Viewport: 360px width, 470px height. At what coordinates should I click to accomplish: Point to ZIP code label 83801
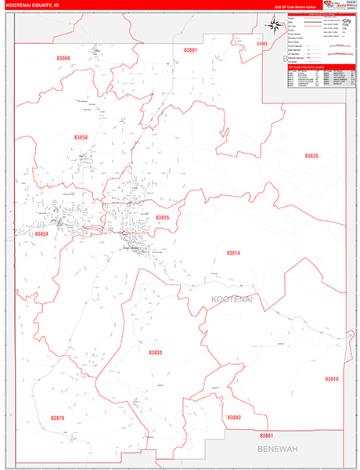click(x=191, y=50)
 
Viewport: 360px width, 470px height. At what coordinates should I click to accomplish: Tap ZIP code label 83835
click(x=311, y=156)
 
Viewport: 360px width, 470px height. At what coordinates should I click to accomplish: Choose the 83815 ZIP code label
click(x=162, y=217)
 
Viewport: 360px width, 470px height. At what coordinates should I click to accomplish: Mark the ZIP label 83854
click(x=41, y=233)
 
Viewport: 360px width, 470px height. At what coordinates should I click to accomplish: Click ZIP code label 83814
click(x=233, y=252)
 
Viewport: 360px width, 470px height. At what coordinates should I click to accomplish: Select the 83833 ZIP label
click(x=155, y=352)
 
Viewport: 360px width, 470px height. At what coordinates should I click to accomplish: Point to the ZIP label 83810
click(x=331, y=378)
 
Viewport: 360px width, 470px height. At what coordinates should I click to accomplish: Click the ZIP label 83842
click(x=234, y=418)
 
